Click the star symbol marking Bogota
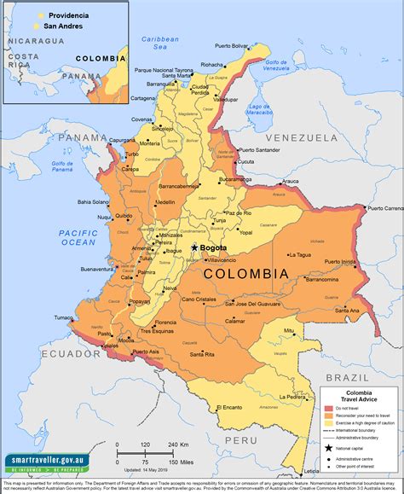pyautogui.click(x=195, y=247)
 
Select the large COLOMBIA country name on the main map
pyautogui.click(x=246, y=274)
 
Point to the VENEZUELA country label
pyautogui.click(x=301, y=137)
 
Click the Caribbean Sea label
pyautogui.click(x=159, y=43)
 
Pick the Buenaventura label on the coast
pyautogui.click(x=98, y=270)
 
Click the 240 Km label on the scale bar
pyautogui.click(x=177, y=445)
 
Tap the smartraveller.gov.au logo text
pyautogui.click(x=41, y=462)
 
